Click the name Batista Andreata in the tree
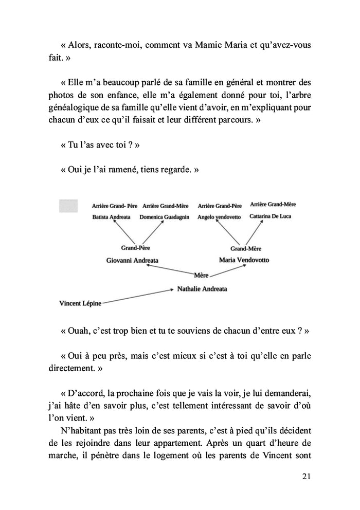111,217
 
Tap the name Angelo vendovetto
219,217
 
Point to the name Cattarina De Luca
270,216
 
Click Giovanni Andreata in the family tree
132,260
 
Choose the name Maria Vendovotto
244,260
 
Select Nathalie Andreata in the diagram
202,289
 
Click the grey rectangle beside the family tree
69,206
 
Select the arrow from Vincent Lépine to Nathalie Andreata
137,296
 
